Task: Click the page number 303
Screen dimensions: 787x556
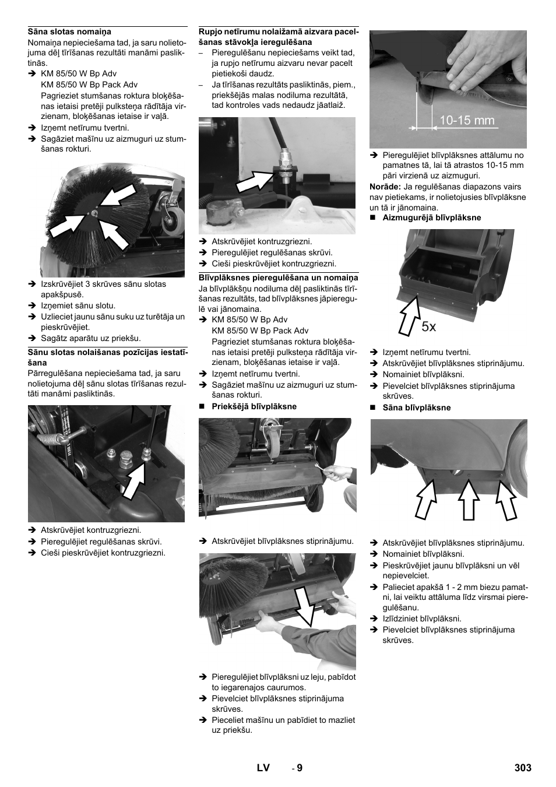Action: tap(523, 768)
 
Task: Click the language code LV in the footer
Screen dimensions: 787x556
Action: tap(263, 768)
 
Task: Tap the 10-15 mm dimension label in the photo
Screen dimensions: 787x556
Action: tap(467, 121)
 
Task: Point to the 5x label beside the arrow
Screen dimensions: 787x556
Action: tap(428, 327)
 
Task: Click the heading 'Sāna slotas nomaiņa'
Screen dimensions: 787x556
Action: tap(69, 31)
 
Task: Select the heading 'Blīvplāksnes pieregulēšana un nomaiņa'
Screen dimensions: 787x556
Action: tap(278, 277)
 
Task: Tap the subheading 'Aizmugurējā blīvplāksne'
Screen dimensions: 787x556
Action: tap(431, 217)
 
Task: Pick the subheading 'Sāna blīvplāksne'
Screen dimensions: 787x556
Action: tap(416, 407)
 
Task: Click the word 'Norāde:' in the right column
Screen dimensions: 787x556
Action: tap(385, 187)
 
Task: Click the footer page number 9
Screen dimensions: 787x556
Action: tap(300, 768)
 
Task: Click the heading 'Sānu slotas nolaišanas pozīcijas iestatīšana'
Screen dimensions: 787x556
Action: tap(107, 357)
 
